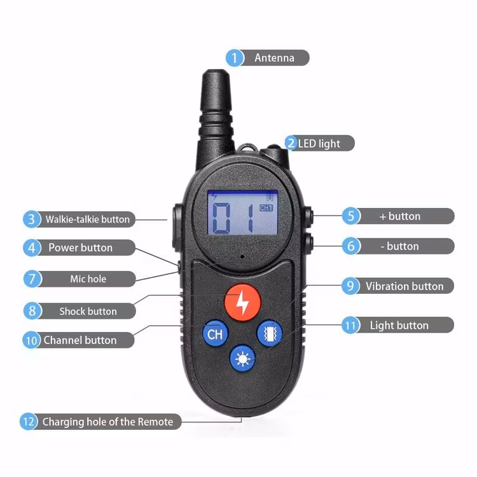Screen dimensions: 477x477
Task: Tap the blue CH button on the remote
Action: (215, 333)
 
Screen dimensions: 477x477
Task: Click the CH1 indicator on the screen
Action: (266, 207)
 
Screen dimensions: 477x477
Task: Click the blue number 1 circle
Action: (235, 58)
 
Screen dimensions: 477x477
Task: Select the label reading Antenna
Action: (274, 58)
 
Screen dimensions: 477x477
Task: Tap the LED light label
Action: (319, 144)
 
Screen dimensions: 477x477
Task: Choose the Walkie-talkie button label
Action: (87, 219)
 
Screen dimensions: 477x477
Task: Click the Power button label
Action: (80, 247)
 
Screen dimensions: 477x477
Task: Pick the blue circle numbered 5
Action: (351, 216)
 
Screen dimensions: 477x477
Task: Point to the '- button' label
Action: (403, 246)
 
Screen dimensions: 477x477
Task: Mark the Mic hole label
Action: (88, 279)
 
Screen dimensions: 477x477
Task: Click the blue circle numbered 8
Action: (32, 311)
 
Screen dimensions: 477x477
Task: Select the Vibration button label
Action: (404, 286)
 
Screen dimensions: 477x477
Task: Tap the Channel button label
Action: (79, 340)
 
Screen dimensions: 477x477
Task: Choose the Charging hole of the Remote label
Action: (107, 422)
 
